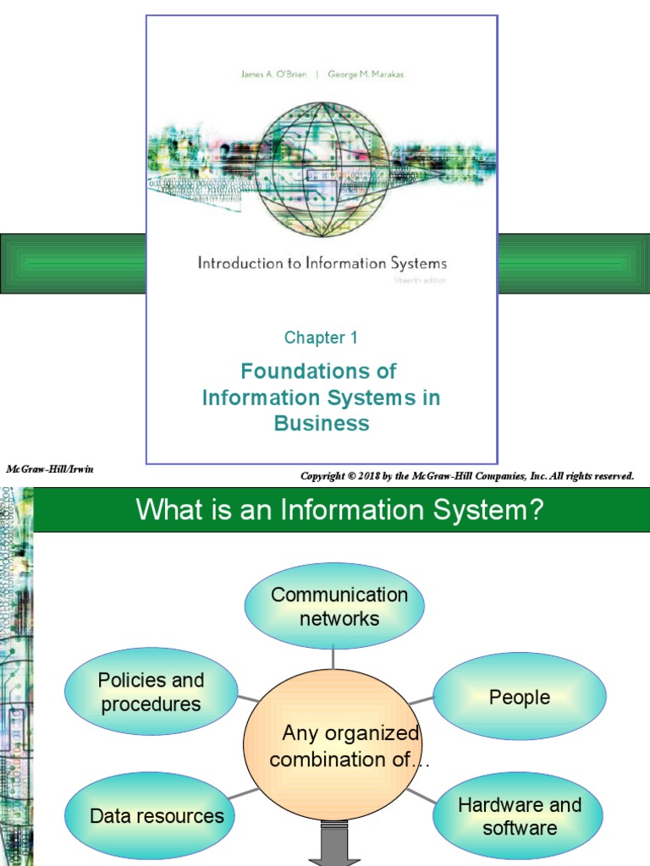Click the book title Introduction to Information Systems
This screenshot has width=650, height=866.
[322, 263]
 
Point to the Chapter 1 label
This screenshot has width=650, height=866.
[321, 338]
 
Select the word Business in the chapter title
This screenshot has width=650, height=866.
[322, 424]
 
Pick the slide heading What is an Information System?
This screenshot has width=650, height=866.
[339, 510]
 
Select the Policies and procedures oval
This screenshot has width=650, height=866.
[151, 692]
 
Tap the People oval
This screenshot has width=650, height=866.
[519, 697]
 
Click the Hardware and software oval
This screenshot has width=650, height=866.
[519, 815]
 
